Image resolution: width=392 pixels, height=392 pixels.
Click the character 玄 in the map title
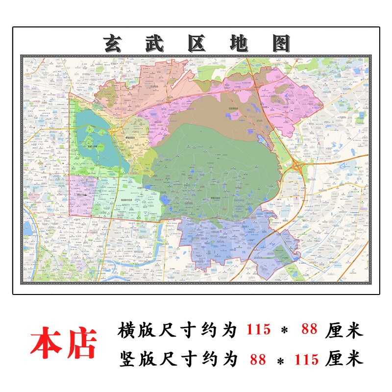(x=114, y=44)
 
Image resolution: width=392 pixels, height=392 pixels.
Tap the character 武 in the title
(x=156, y=44)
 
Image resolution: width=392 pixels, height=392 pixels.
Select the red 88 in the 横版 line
(x=310, y=330)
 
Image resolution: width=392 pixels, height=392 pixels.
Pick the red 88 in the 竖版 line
(x=258, y=360)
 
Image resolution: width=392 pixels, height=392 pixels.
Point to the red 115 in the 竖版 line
(x=310, y=360)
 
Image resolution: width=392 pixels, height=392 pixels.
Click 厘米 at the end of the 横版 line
(x=344, y=330)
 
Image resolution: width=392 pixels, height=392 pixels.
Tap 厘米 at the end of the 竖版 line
(x=344, y=360)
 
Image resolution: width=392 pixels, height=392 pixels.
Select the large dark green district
(x=216, y=171)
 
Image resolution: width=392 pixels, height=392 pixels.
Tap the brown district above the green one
(x=211, y=110)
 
